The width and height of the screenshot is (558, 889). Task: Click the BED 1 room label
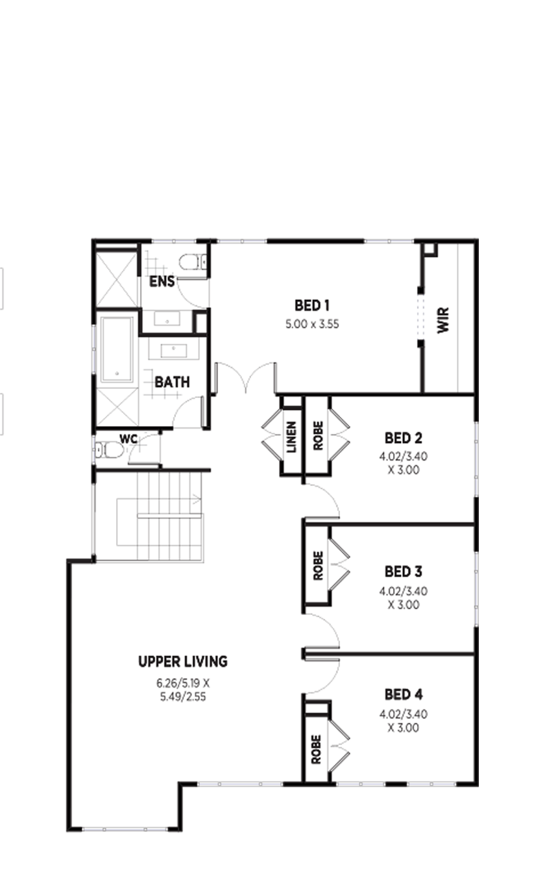point(312,306)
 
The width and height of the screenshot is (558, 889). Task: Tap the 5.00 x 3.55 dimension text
point(312,324)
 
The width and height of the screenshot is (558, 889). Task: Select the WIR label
point(443,320)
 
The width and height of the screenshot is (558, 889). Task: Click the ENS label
point(162,281)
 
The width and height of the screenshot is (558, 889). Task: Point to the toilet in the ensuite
point(193,262)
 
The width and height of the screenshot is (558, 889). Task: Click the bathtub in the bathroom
point(117,349)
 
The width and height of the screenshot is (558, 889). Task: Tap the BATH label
point(172,382)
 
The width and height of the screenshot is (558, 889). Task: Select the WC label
point(128,439)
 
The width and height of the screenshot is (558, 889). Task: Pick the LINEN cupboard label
point(292,437)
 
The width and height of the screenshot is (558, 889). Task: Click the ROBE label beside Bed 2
point(318,435)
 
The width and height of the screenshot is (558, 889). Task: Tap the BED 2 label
point(404,438)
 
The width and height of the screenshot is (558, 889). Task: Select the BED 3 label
point(404,571)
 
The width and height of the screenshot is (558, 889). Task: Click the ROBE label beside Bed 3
point(318,566)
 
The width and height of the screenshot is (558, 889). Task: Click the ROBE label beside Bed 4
point(316,749)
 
